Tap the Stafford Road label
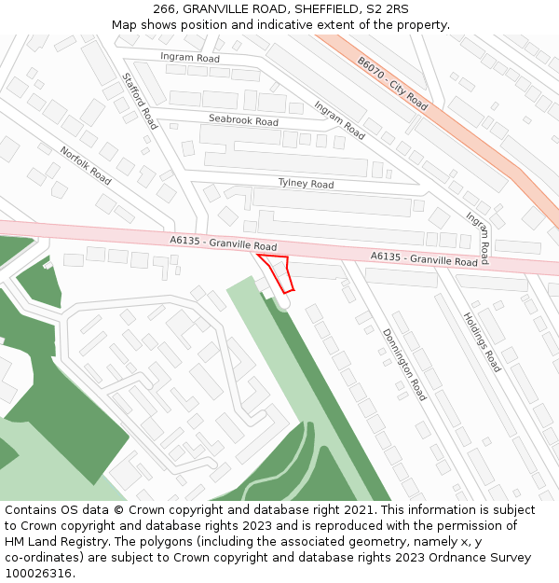140,102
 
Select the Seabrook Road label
243,121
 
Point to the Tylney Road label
306,184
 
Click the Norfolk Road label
86,165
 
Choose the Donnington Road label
404,364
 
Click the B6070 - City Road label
392,83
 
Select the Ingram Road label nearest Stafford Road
190,58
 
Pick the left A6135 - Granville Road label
224,243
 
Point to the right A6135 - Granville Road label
425,258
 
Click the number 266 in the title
165,8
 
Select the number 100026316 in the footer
38,574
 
